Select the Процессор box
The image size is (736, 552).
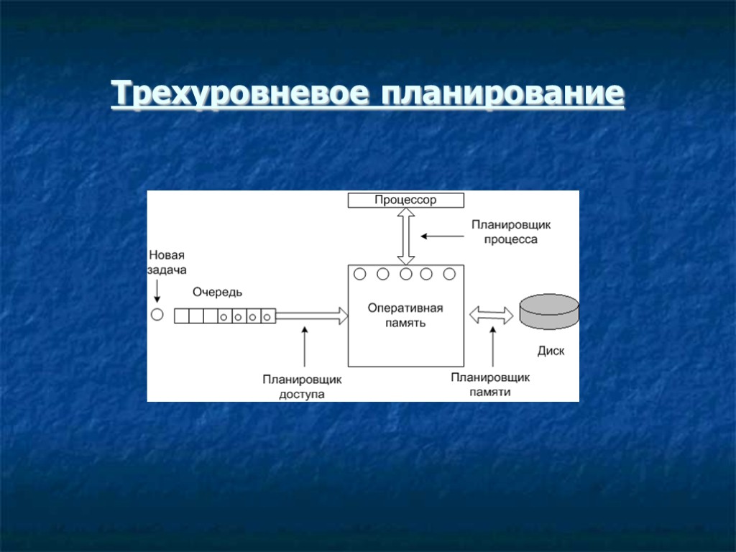[405, 200]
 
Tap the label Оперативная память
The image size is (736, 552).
[405, 316]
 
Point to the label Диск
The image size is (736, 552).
[551, 351]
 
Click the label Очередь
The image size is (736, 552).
[217, 292]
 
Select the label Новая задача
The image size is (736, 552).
[167, 262]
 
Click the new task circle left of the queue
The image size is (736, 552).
[157, 315]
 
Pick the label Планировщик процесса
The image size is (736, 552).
[504, 231]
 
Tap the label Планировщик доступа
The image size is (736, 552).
[302, 387]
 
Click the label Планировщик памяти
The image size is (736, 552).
[490, 385]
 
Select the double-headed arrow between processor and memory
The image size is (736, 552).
[406, 236]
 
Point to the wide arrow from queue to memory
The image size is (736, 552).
[311, 315]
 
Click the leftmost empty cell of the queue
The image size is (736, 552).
[182, 316]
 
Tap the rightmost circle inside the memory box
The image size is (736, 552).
[450, 274]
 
